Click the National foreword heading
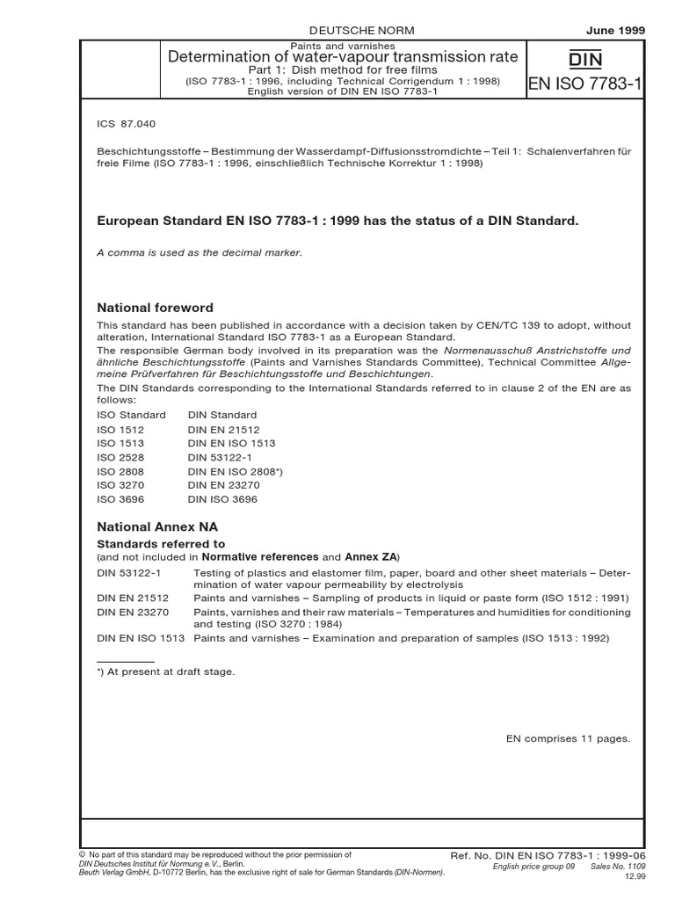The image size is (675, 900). (155, 308)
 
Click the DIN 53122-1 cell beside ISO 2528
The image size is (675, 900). (217, 458)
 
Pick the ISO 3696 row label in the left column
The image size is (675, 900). (120, 500)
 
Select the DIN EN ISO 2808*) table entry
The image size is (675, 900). (235, 472)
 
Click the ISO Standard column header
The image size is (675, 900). (131, 415)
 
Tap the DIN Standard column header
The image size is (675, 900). (221, 415)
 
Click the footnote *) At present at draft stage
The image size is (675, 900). (165, 671)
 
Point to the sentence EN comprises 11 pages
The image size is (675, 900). (568, 738)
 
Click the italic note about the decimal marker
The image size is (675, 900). (199, 252)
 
